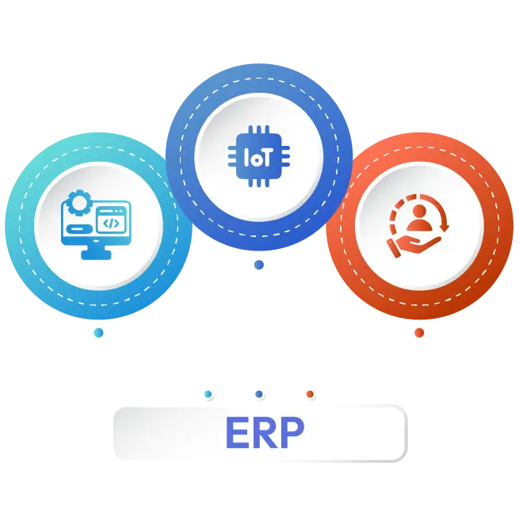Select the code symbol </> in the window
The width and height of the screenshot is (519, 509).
click(x=111, y=224)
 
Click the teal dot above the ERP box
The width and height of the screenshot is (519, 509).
click(x=208, y=394)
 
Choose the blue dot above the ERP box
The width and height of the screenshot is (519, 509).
click(x=259, y=394)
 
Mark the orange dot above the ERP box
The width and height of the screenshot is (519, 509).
click(x=310, y=394)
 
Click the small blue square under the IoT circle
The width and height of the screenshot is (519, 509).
click(x=259, y=266)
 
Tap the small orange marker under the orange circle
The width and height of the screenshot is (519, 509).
click(x=418, y=332)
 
